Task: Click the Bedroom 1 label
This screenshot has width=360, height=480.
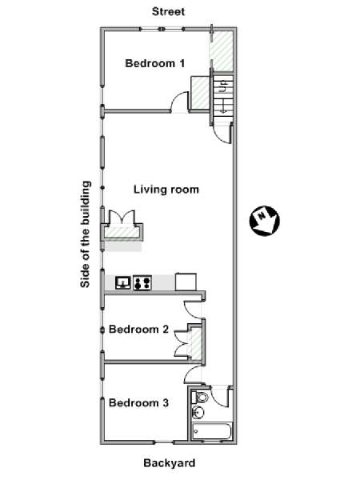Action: pyautogui.click(x=155, y=63)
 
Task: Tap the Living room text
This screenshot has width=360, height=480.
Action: pyautogui.click(x=166, y=190)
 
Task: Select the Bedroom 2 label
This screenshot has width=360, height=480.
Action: pyautogui.click(x=138, y=330)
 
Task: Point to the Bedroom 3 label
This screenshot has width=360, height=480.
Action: pyautogui.click(x=138, y=403)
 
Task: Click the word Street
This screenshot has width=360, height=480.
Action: pyautogui.click(x=168, y=12)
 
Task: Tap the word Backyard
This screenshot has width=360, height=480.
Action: pyautogui.click(x=170, y=463)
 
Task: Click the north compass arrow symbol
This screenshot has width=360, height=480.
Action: pyautogui.click(x=264, y=221)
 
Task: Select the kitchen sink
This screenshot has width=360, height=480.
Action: pyautogui.click(x=123, y=283)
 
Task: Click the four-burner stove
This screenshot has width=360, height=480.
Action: pyautogui.click(x=142, y=283)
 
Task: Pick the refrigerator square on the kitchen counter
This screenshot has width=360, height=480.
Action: pyautogui.click(x=186, y=282)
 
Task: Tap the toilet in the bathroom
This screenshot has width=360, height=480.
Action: pyautogui.click(x=199, y=398)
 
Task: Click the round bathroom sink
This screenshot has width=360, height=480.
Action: pyautogui.click(x=198, y=412)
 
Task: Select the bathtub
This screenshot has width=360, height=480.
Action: pyautogui.click(x=211, y=432)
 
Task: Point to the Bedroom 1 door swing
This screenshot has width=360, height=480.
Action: pyautogui.click(x=179, y=102)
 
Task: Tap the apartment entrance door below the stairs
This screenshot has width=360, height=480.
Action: pyautogui.click(x=222, y=133)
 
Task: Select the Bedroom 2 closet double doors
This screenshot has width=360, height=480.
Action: pyautogui.click(x=183, y=343)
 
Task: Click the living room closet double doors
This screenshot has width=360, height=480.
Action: pyautogui.click(x=122, y=218)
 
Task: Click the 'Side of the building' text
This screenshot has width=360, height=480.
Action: pyautogui.click(x=86, y=234)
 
